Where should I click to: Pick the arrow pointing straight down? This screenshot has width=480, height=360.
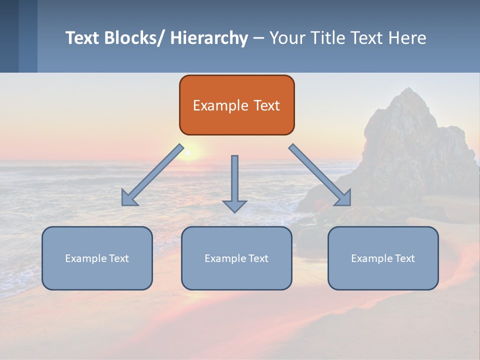pyautogui.click(x=234, y=183)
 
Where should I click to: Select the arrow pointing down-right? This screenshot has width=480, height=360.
pyautogui.click(x=320, y=175)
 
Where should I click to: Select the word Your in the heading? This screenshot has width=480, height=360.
pyautogui.click(x=286, y=38)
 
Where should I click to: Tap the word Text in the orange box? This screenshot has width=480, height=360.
pyautogui.click(x=266, y=105)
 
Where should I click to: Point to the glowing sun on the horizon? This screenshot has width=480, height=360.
pyautogui.click(x=189, y=151)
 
